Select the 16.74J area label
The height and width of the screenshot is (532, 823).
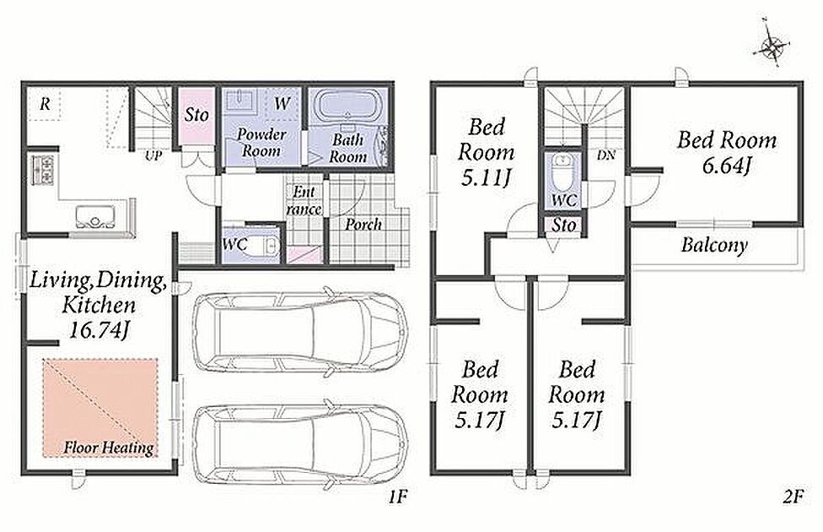(x=99, y=329)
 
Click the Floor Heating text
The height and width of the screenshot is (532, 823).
(x=109, y=448)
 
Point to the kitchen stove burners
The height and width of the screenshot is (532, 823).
(x=42, y=169)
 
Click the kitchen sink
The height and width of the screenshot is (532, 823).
(x=94, y=216)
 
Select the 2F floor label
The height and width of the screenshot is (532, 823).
(x=793, y=497)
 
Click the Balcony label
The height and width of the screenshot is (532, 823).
(x=714, y=246)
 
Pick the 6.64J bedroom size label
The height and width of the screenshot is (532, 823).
(x=726, y=166)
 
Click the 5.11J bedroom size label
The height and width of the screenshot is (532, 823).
(x=485, y=179)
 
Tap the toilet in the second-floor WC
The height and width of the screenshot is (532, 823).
(x=562, y=171)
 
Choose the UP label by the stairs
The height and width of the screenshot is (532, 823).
(x=153, y=156)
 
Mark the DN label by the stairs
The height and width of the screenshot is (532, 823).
(x=605, y=155)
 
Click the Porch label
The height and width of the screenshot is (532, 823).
(x=363, y=225)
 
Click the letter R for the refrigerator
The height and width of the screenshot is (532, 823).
(x=46, y=104)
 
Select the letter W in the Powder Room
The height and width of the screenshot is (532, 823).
(x=282, y=103)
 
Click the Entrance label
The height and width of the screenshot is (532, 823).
(x=304, y=200)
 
